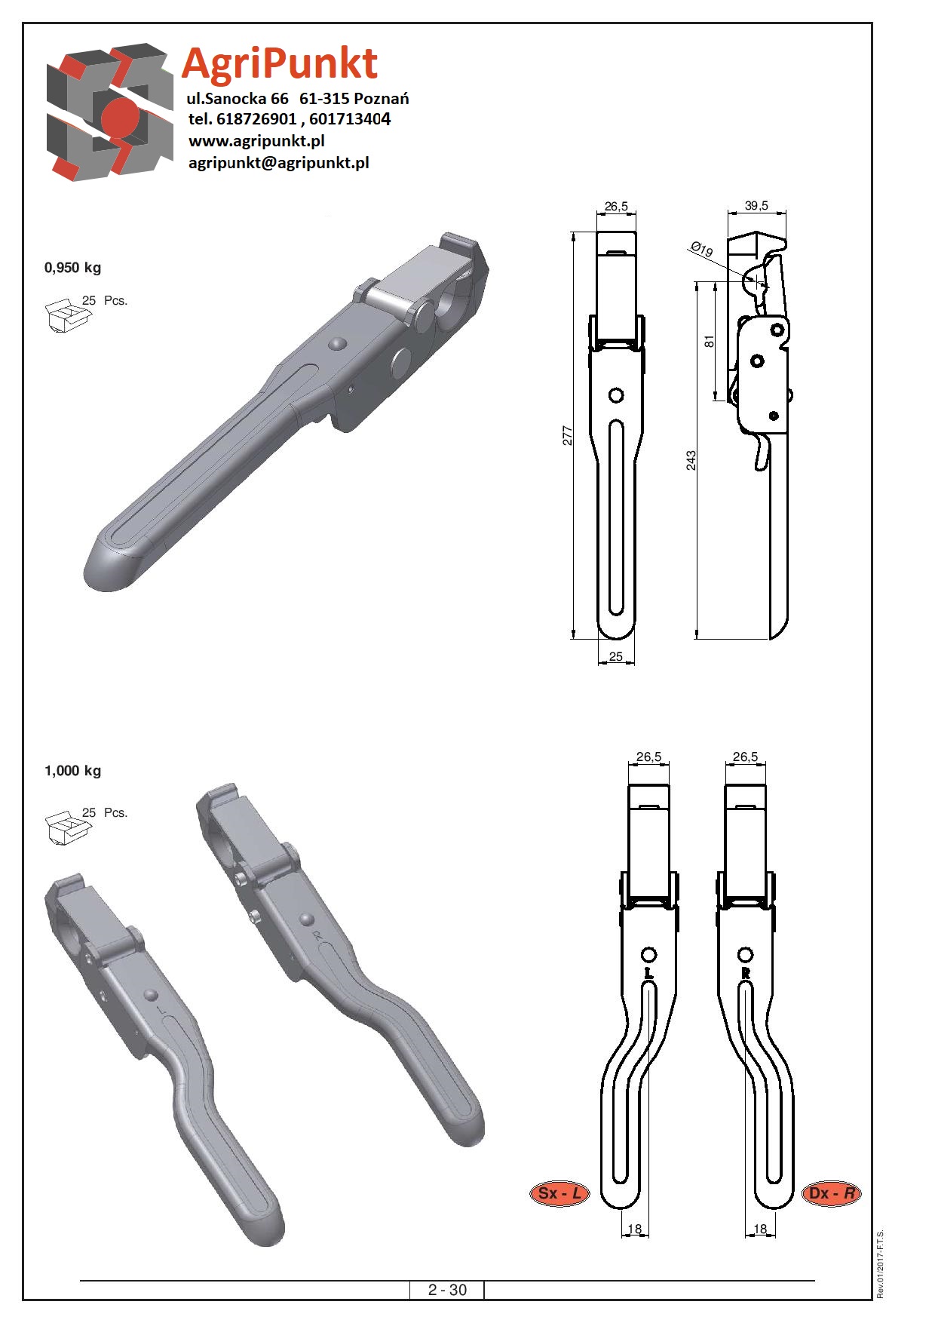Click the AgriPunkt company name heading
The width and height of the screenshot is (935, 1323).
coord(280,63)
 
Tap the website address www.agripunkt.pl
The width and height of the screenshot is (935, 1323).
coord(256,140)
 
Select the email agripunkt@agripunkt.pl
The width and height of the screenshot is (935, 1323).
coord(278,163)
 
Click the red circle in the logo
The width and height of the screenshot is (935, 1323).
coord(121,118)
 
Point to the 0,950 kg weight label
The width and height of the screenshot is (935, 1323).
coord(72,268)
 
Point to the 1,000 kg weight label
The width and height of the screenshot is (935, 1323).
coord(72,771)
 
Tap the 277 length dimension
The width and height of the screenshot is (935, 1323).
coord(568,435)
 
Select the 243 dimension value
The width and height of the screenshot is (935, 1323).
coord(691,460)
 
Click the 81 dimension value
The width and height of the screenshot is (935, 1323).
coord(709,341)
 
